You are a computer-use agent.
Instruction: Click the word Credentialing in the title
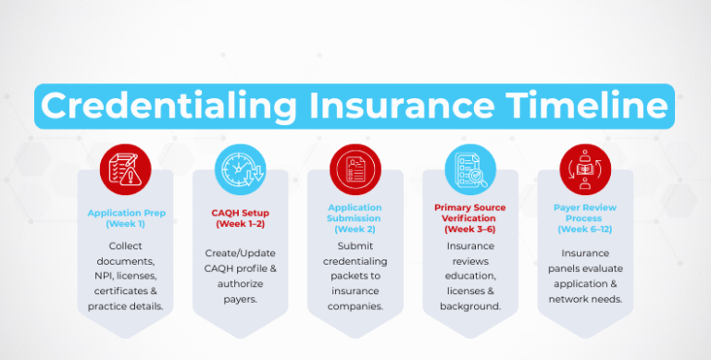(147, 106)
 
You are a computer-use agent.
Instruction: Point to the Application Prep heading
(126, 213)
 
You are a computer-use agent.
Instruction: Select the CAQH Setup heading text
(240, 213)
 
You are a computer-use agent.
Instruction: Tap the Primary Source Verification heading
(470, 213)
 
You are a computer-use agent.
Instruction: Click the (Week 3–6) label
(470, 228)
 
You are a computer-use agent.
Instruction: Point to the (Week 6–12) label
(585, 229)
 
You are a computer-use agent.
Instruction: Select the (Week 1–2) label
(240, 224)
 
